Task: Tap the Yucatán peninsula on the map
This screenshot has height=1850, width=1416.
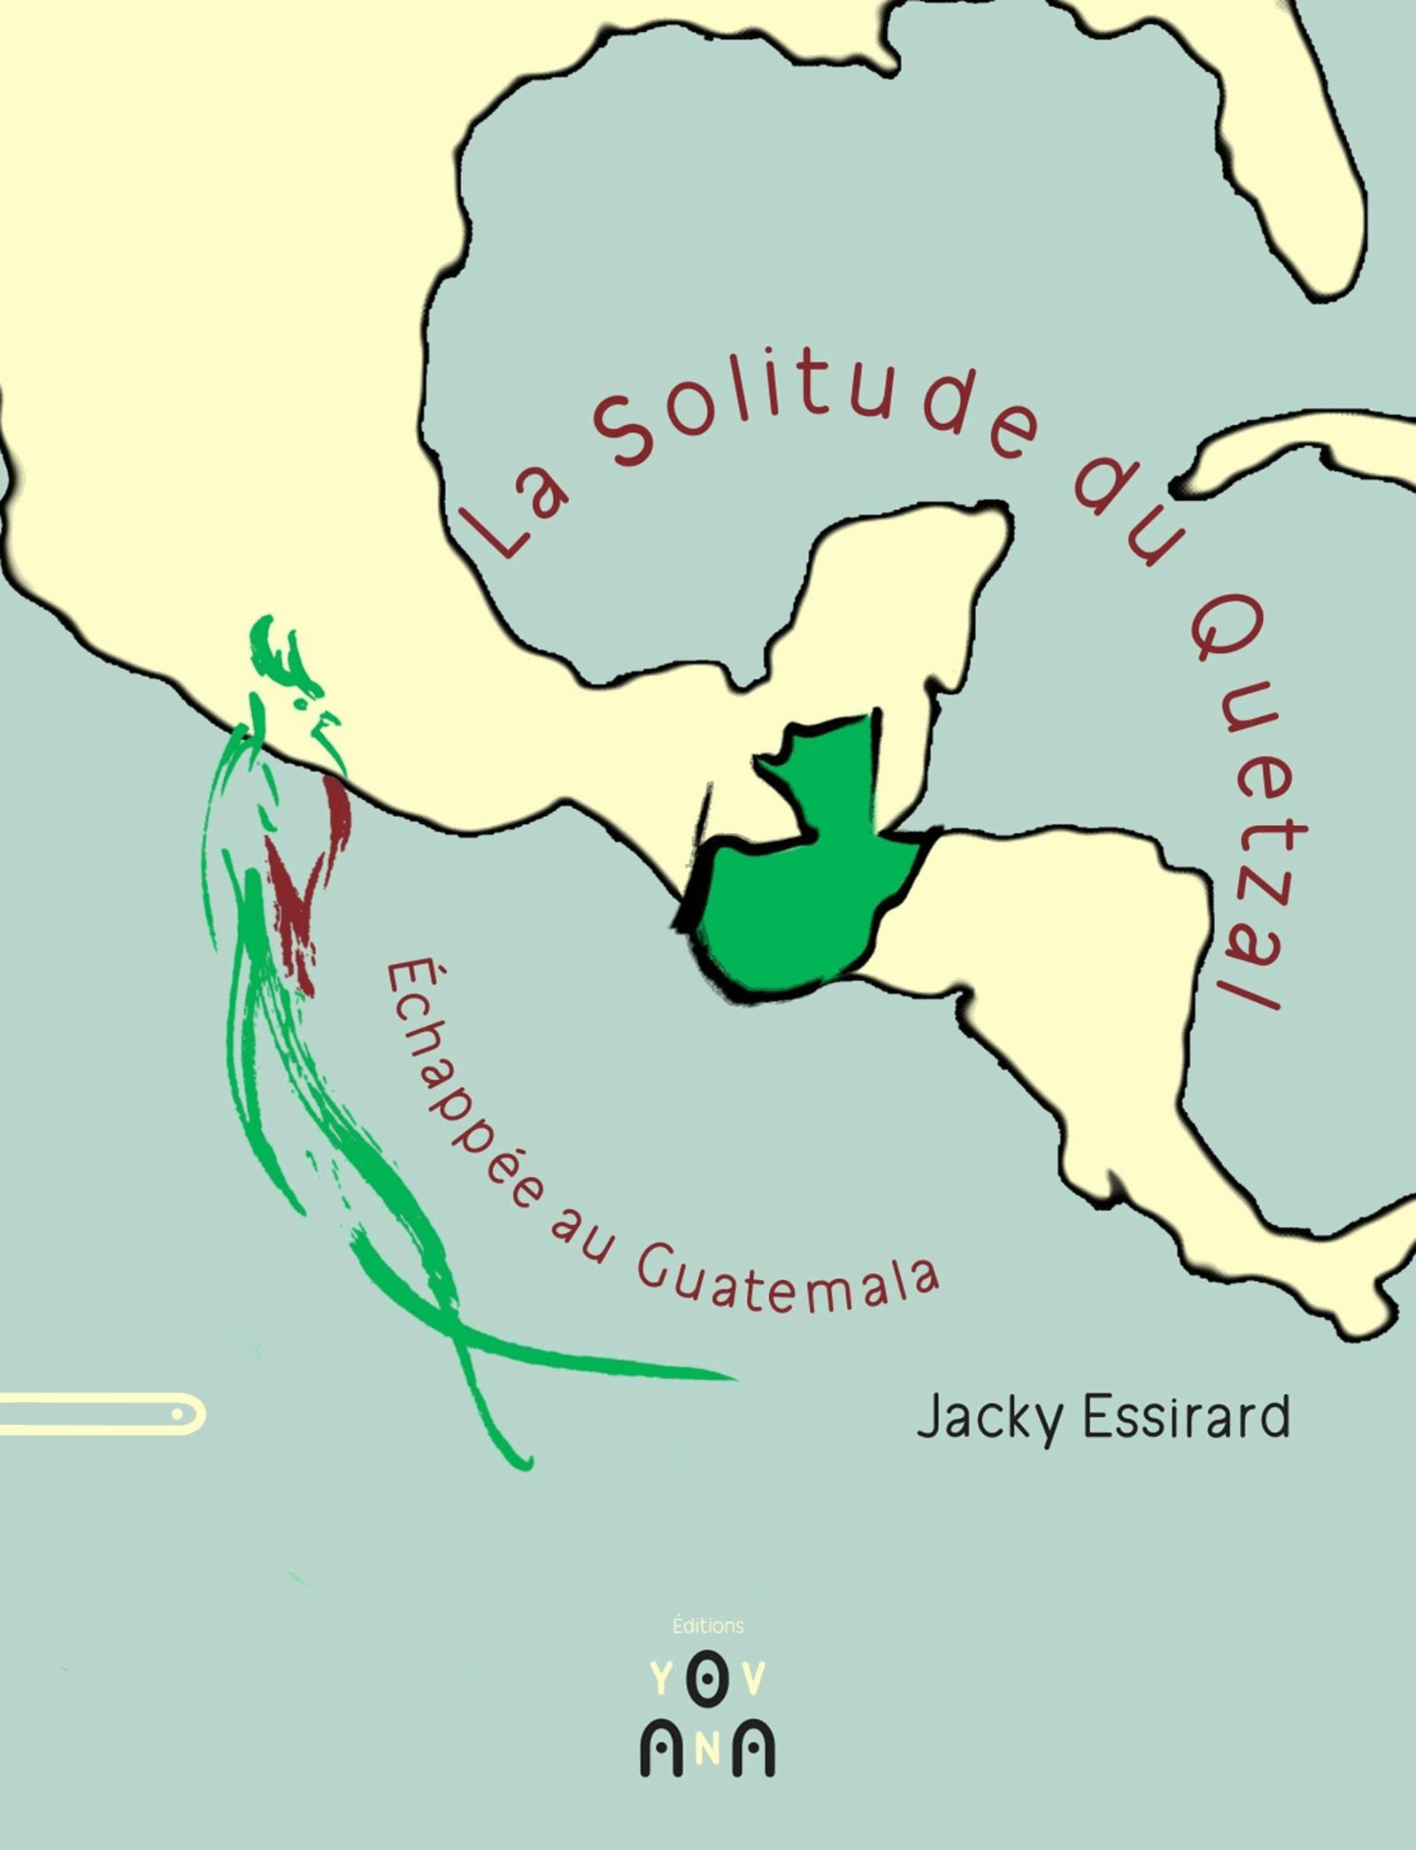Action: click(x=912, y=584)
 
